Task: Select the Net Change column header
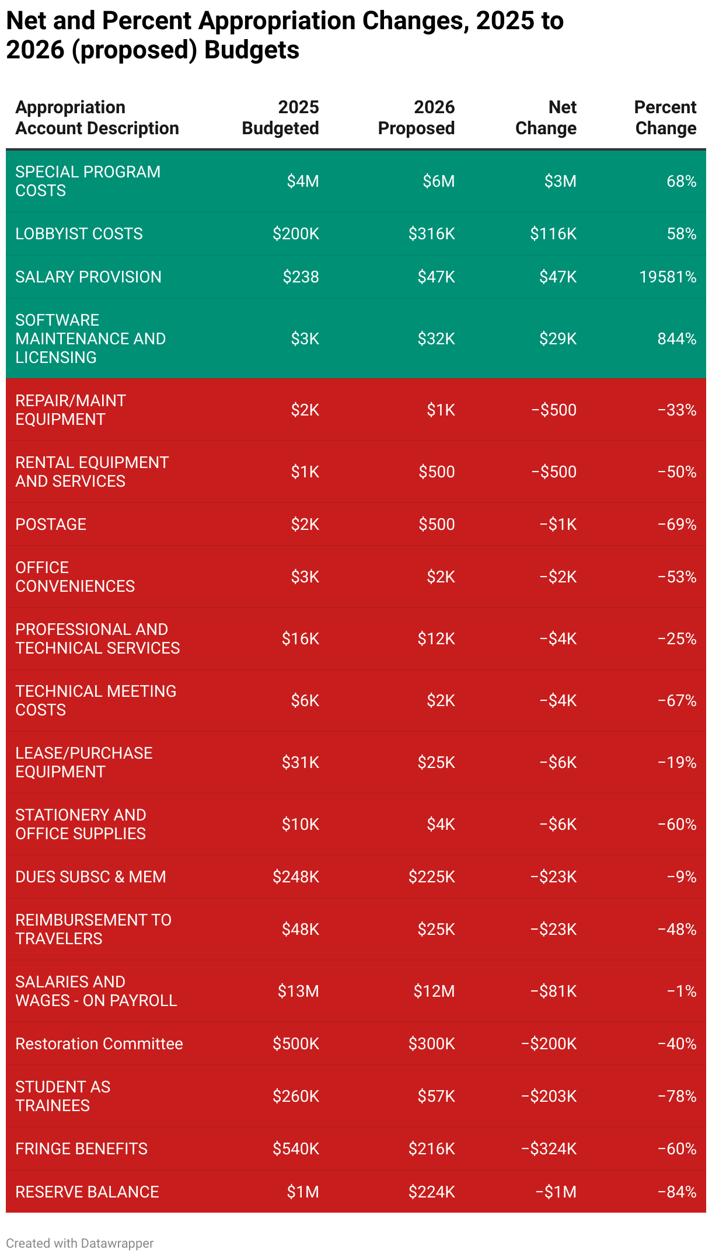(546, 118)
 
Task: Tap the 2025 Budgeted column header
(280, 118)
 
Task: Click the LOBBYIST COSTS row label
(79, 233)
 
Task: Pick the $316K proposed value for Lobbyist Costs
(431, 233)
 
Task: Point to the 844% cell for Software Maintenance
(676, 338)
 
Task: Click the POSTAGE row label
(51, 524)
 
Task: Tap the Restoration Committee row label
(99, 1043)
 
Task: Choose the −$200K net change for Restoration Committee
(549, 1043)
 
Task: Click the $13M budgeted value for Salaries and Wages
(298, 991)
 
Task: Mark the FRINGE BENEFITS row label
(81, 1148)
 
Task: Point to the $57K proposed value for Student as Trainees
(436, 1096)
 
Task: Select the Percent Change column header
(665, 118)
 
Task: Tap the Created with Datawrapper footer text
(79, 1243)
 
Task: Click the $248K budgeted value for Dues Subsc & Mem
(295, 877)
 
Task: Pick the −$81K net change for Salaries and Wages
(553, 991)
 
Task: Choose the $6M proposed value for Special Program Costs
(438, 181)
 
